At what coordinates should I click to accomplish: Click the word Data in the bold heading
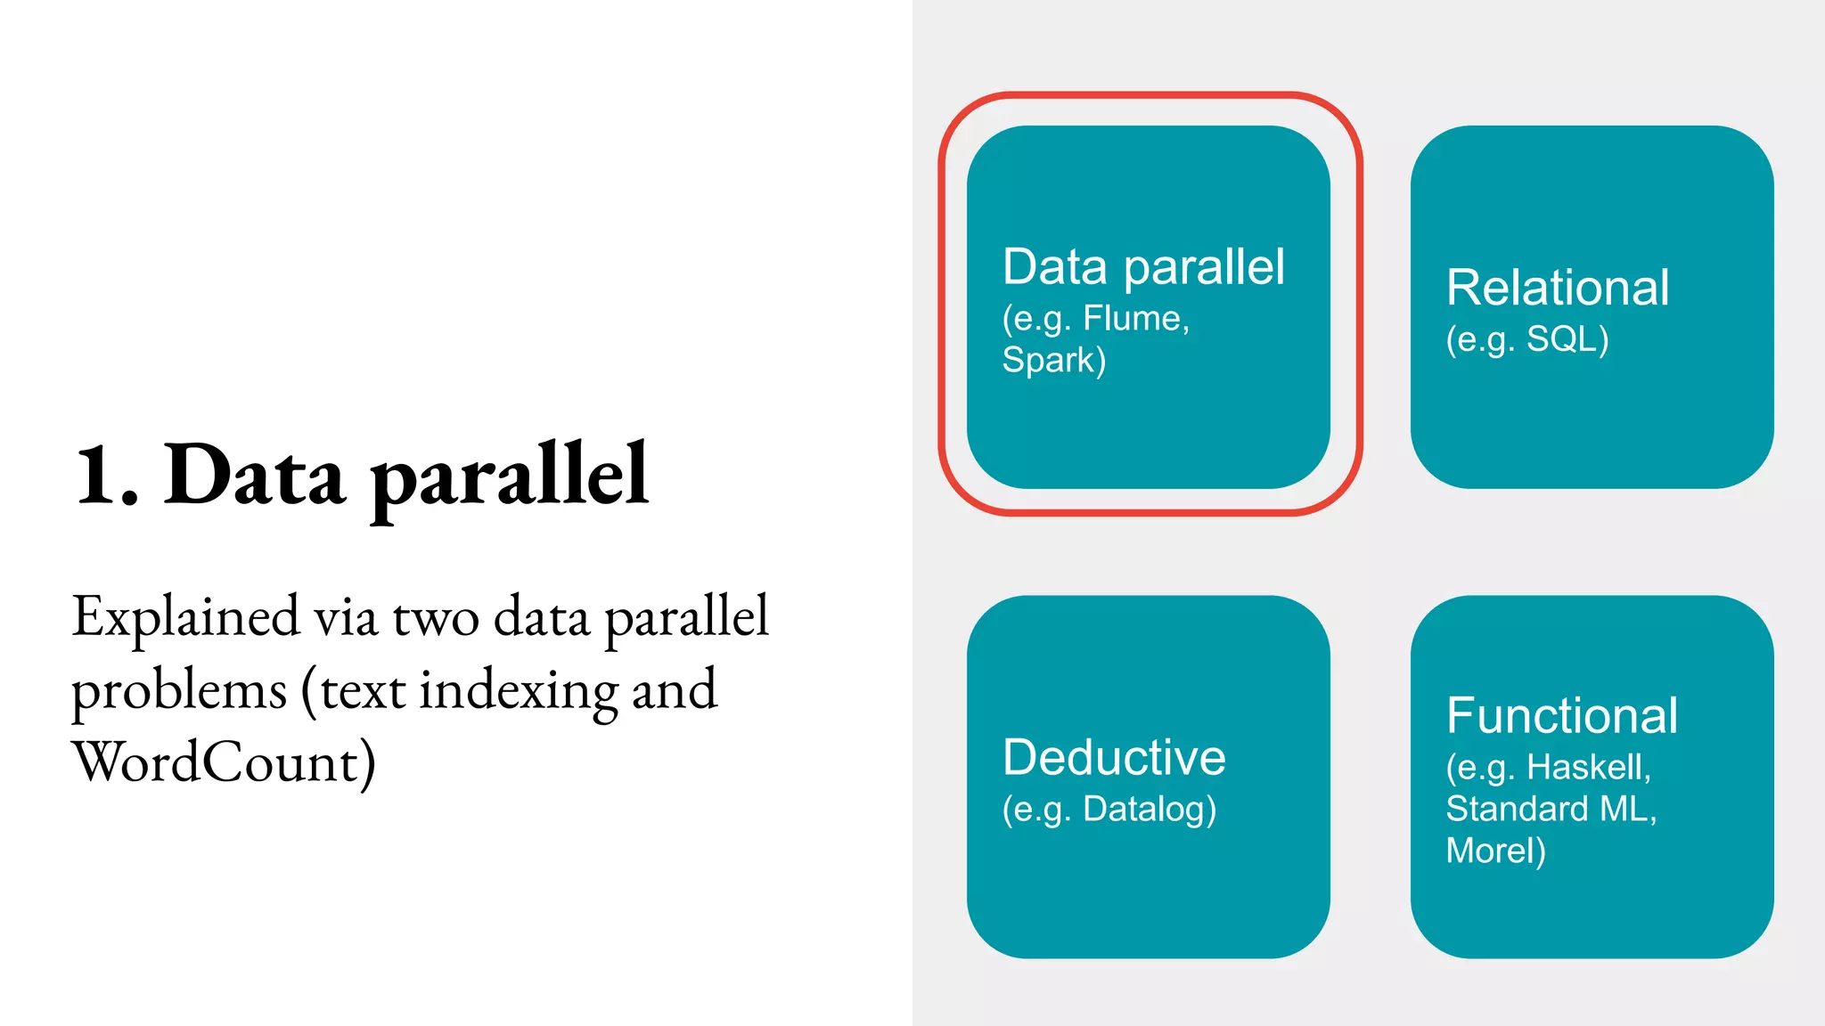click(254, 476)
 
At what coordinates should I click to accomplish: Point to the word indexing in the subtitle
click(518, 691)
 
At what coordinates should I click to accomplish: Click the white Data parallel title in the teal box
click(1143, 267)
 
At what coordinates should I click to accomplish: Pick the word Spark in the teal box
click(1048, 360)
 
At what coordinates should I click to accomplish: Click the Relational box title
click(1557, 288)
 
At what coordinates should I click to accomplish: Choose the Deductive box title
click(1114, 758)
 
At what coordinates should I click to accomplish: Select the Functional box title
click(1561, 715)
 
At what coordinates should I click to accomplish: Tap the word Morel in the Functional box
click(1490, 851)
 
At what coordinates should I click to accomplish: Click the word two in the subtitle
click(435, 618)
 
